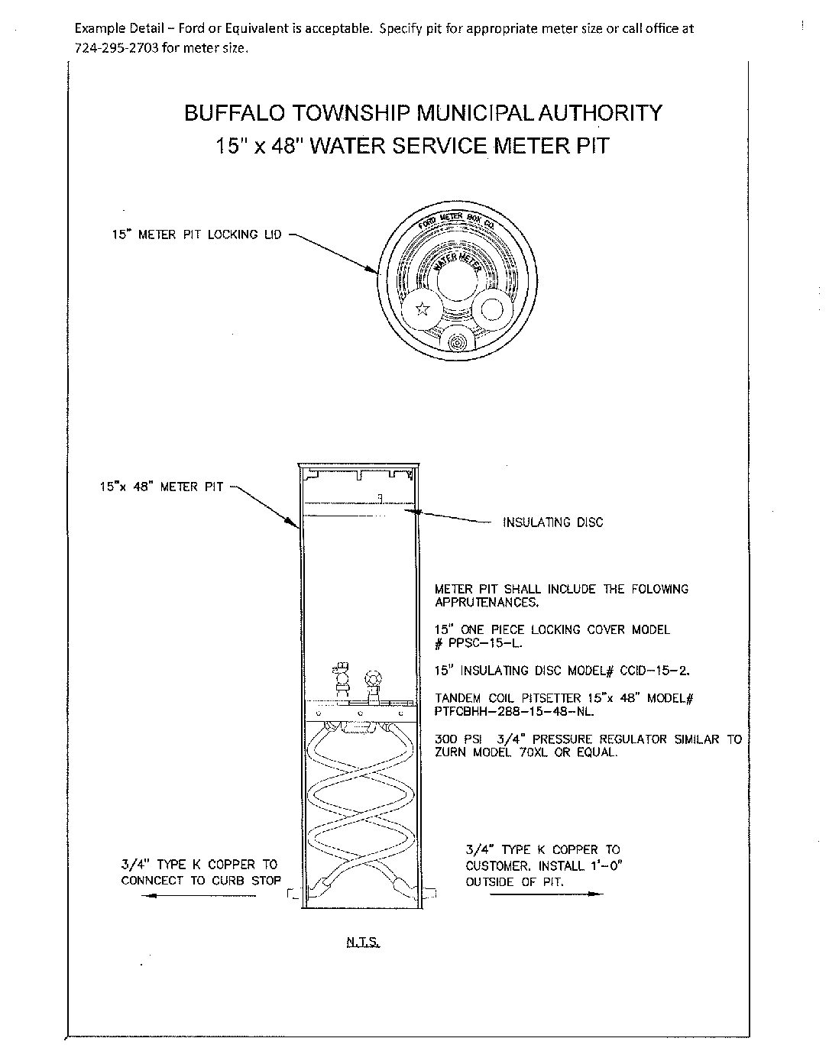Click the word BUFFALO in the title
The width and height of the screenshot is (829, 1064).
pos(229,113)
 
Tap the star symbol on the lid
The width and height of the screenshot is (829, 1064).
pos(421,309)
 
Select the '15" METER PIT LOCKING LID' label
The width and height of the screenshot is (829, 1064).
pos(197,234)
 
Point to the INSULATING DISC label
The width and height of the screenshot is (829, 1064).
pos(552,522)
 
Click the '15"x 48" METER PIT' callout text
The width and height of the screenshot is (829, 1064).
pos(161,486)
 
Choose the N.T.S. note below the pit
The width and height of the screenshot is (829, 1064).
pos(363,943)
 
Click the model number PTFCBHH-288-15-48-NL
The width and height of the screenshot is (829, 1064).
pos(514,711)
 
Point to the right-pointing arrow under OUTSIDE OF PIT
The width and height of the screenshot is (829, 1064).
pos(546,894)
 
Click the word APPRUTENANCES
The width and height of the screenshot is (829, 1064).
pos(486,602)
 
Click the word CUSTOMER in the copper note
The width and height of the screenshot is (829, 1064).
pos(498,866)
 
